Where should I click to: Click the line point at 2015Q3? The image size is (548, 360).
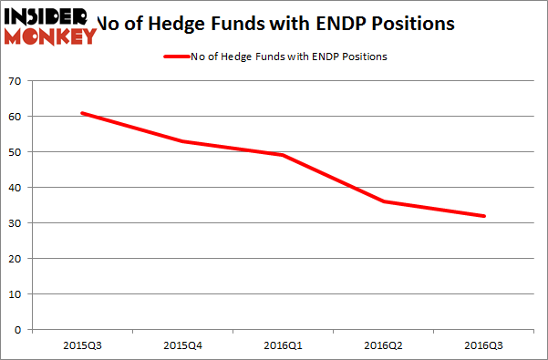(x=82, y=113)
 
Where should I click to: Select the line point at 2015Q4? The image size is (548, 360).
(x=183, y=141)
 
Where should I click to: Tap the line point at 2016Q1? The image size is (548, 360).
(x=284, y=155)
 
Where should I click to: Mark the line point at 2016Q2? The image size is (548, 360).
(x=384, y=201)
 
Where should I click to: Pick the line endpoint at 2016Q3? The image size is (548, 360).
(x=484, y=216)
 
